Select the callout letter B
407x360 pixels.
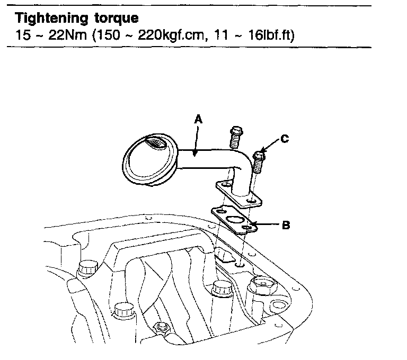pos(286,225)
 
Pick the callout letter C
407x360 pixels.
pos(285,139)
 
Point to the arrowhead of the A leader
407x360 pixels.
pos(196,155)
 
